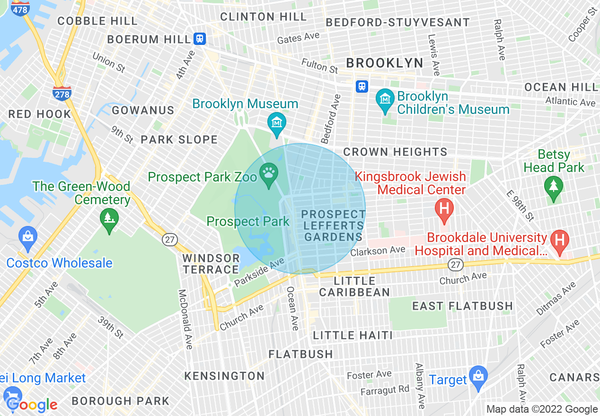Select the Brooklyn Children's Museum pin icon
pos(385,100)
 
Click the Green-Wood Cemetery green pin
pos(109,219)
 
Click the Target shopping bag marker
pos(478,377)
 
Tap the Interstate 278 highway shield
pos(62,94)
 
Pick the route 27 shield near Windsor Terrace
pos(169,239)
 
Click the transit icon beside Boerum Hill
pos(200,39)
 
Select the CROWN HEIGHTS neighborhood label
pos(395,152)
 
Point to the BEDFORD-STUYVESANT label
pos(398,22)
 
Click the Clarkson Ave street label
pos(378,251)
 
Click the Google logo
pos(32,404)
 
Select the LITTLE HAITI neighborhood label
pos(353,335)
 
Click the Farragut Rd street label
pos(385,390)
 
